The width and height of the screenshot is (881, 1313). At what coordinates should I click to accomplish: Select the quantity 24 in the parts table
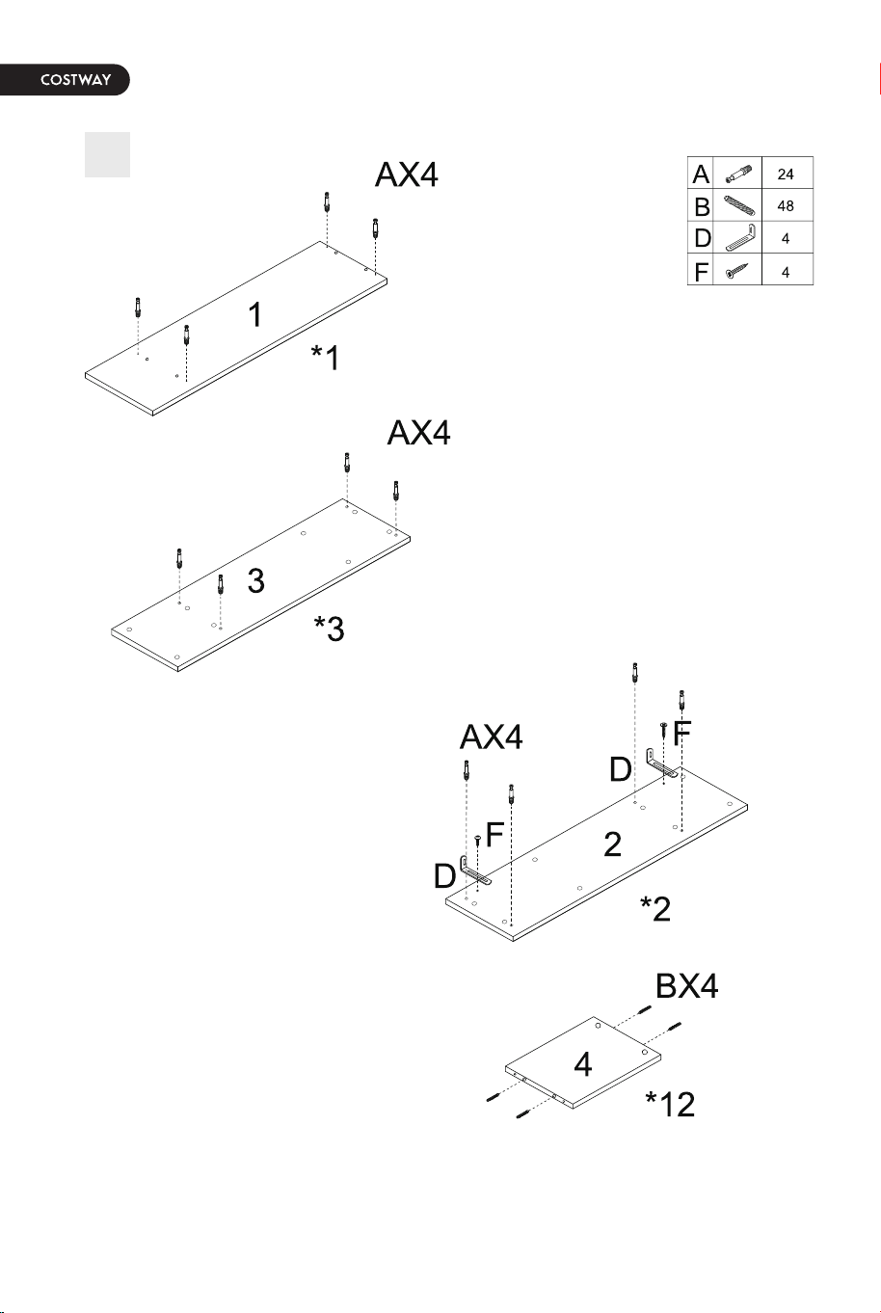[x=786, y=174]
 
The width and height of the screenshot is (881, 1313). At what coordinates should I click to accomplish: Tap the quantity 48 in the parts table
[x=786, y=205]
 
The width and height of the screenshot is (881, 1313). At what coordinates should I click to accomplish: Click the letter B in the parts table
[x=701, y=206]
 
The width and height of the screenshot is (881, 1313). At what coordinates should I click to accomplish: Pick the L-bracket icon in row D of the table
[x=740, y=237]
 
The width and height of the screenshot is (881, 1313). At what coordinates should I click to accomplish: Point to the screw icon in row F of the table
[x=736, y=271]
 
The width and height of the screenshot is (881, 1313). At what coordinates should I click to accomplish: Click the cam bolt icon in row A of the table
[x=738, y=174]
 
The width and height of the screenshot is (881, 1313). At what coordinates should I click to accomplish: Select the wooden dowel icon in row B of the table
[x=739, y=205]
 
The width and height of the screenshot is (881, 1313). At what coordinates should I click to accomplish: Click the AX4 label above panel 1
[x=406, y=174]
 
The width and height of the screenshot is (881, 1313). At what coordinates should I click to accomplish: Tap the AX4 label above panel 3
[x=418, y=433]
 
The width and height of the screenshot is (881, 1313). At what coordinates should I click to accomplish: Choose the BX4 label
[x=686, y=986]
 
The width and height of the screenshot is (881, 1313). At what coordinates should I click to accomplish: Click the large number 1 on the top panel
[x=255, y=315]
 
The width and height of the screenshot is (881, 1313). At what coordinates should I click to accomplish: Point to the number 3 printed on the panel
[x=256, y=581]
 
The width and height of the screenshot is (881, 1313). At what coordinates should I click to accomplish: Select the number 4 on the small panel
[x=582, y=1064]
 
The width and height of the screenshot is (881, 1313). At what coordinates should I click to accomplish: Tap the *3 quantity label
[x=329, y=629]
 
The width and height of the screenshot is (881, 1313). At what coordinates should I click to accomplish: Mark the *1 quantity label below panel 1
[x=326, y=358]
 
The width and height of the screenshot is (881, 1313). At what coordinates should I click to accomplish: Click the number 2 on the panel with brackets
[x=612, y=844]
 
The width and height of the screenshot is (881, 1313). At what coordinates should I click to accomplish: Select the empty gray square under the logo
[x=107, y=155]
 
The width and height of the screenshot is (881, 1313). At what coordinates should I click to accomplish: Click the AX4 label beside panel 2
[x=491, y=737]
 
